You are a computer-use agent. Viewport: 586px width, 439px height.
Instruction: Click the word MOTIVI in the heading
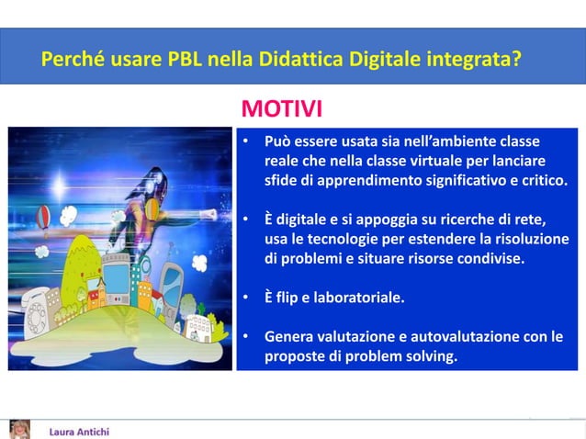pos(281,111)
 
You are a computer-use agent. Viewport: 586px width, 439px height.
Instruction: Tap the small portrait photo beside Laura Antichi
pos(18,429)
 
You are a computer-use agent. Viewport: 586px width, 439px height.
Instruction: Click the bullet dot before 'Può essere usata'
pos(245,143)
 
